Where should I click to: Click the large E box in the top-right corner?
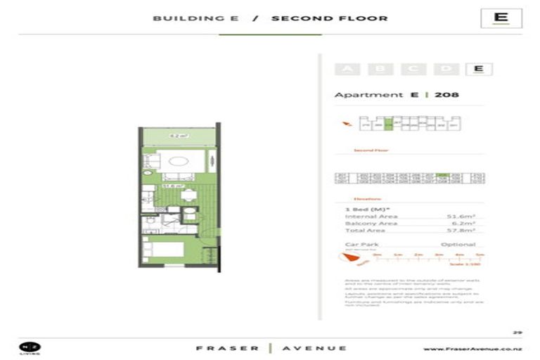(501, 18)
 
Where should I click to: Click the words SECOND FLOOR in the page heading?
(329, 19)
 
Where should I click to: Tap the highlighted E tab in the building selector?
(478, 69)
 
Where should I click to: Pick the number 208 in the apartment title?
(446, 95)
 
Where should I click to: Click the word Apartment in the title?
(368, 95)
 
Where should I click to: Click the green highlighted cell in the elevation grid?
(442, 175)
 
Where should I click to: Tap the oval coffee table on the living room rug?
(180, 160)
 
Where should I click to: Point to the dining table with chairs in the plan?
(188, 193)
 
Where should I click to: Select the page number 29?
(517, 331)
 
